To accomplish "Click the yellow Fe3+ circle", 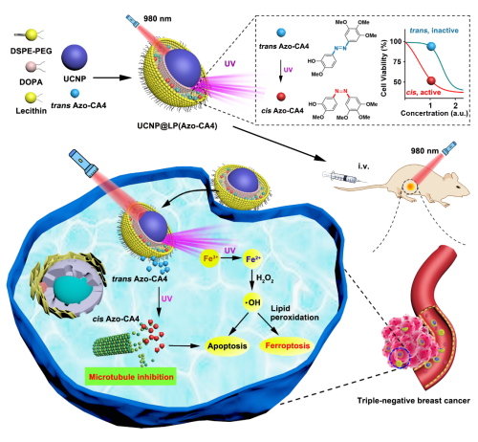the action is [209, 258].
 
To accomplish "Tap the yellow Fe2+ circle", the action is [252, 259].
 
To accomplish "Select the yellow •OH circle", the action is [252, 302].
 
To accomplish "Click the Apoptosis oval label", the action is [228, 346].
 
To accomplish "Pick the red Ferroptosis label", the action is [287, 346].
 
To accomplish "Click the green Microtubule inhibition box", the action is [131, 377].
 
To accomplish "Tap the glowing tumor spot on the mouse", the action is [411, 187].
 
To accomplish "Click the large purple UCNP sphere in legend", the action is [75, 57].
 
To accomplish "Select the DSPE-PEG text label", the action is [31, 51].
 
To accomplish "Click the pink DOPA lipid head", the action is [31, 67].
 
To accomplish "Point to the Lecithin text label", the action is [31, 111].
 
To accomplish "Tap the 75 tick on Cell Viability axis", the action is [397, 61].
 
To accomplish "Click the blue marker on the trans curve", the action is [431, 46].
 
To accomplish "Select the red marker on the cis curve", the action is [431, 80].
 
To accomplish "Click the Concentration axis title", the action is [434, 113].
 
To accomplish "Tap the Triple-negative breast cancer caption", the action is [413, 401].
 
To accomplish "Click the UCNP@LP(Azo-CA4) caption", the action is [177, 126].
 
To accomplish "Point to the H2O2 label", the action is [265, 279].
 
